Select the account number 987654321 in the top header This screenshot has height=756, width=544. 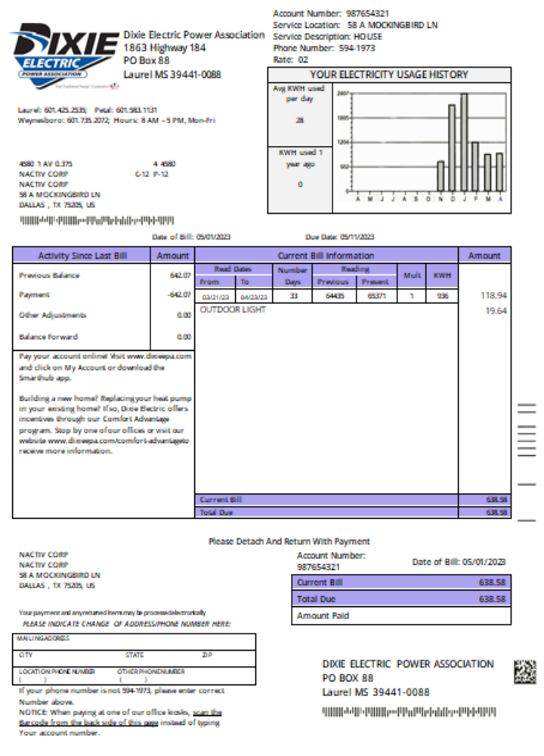(x=367, y=14)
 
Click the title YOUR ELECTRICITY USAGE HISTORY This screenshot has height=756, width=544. (x=388, y=75)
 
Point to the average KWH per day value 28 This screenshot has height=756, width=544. (x=299, y=121)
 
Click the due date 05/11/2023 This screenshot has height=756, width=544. (x=357, y=237)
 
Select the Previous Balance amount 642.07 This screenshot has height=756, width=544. (x=180, y=276)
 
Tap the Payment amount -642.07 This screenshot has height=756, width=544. (x=179, y=295)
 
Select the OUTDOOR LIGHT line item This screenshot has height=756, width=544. (x=233, y=310)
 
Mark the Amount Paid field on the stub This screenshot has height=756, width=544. (x=400, y=615)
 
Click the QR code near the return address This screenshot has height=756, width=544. (x=524, y=671)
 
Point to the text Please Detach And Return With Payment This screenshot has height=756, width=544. (x=289, y=541)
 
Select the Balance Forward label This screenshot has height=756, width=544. (x=48, y=337)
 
